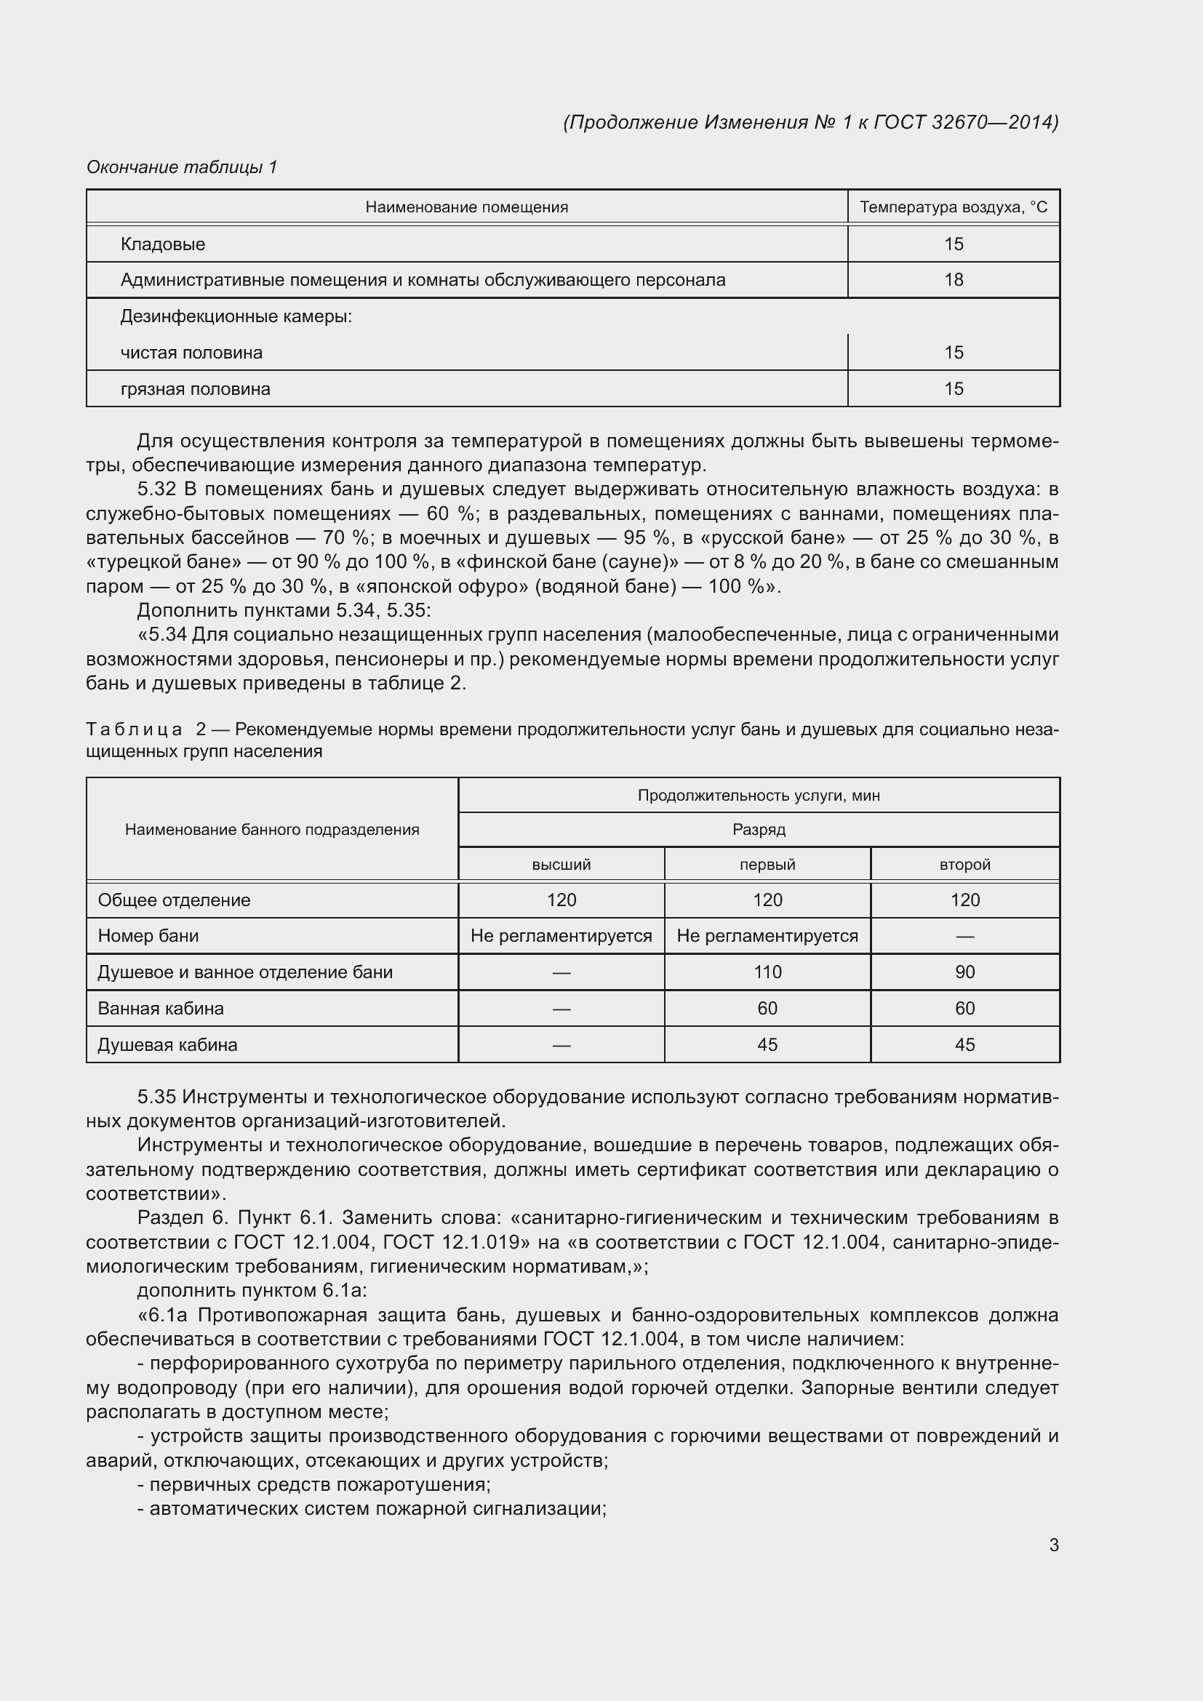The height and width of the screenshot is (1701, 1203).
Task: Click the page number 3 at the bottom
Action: tap(1053, 1545)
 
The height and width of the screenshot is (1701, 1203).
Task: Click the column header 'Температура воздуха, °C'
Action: tap(954, 207)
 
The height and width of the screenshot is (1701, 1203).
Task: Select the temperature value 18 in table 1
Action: tap(954, 280)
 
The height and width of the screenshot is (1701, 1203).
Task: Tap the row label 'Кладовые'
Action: tap(163, 244)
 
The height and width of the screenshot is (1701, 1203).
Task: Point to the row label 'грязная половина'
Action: tap(196, 389)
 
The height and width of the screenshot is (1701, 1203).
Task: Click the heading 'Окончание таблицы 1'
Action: tap(182, 167)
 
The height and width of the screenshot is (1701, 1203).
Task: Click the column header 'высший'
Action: tap(561, 865)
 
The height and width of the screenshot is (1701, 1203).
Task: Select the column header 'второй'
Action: tap(964, 865)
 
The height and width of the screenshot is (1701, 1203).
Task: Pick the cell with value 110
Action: tap(767, 972)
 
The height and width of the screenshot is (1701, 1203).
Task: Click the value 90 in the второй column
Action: tap(964, 972)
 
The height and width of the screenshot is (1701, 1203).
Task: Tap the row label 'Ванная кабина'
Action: tap(161, 1008)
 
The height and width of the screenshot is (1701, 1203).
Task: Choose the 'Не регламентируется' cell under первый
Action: tap(767, 936)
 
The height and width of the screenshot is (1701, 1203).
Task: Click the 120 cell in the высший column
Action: tap(561, 900)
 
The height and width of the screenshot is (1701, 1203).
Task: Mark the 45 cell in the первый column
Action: tap(767, 1044)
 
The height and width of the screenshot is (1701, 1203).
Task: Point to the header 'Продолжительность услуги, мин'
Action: tap(759, 796)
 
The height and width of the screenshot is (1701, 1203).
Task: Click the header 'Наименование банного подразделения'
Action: tap(272, 830)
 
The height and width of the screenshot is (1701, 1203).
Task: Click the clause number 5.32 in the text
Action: tap(156, 489)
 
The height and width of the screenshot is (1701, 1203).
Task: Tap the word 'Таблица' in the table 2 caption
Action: tap(134, 729)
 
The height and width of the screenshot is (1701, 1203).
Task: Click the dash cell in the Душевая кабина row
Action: tap(561, 1045)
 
